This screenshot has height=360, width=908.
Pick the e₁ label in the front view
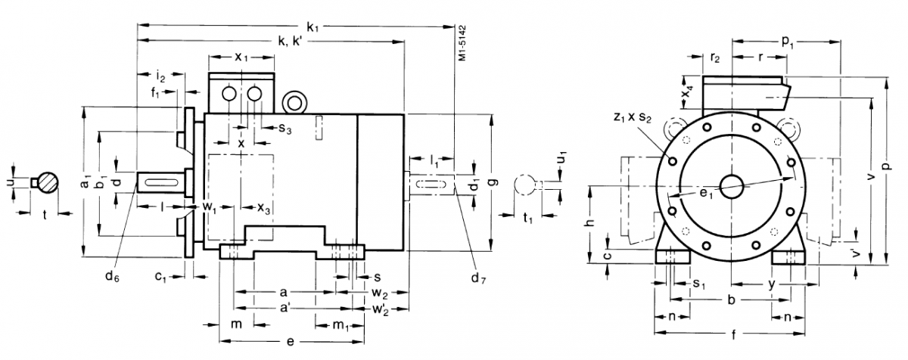706,194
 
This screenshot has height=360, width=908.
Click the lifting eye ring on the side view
292,101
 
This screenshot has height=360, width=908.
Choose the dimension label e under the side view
291,341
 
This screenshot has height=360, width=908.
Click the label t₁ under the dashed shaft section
528,219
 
